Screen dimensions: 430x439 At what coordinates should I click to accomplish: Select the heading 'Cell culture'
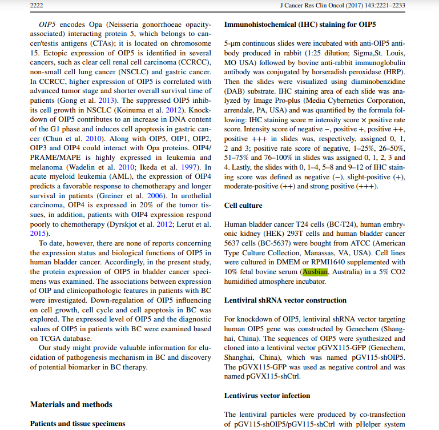click(243, 205)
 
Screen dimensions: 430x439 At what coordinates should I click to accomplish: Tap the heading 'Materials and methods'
click(71, 404)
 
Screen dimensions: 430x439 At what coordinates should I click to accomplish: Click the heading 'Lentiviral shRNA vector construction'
click(285, 300)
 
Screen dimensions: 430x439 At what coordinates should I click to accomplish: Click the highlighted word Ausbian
click(315, 272)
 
